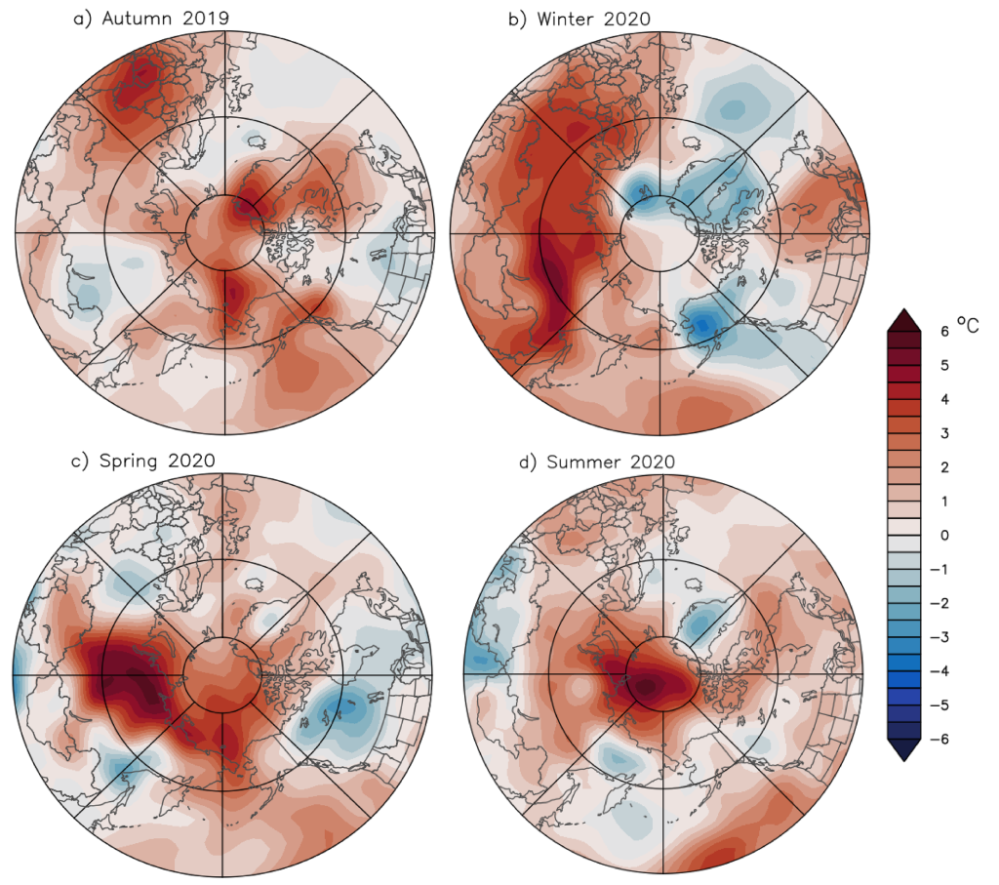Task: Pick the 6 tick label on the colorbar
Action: point(943,332)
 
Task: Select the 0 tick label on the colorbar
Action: point(943,535)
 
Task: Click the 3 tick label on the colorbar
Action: point(943,433)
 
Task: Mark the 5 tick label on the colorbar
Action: point(943,366)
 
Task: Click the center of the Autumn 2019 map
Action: point(225,232)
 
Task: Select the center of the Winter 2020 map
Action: point(660,232)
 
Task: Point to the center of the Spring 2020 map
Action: point(223,674)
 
